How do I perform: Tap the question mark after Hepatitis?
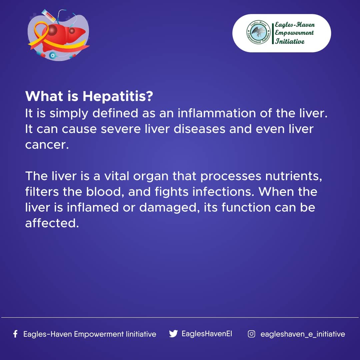coord(150,96)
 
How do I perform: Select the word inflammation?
coord(217,113)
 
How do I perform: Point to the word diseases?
coord(200,129)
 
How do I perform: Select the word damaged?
coord(168,208)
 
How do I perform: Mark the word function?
coord(246,207)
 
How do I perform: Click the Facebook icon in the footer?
coord(15,334)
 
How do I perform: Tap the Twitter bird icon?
coord(173,334)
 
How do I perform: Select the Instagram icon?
coord(251,334)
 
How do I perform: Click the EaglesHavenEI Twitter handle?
coord(207,334)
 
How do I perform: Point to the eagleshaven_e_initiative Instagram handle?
coord(303,334)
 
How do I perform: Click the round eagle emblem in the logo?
coord(259,32)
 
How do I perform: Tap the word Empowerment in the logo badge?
coord(294,33)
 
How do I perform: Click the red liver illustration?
coord(62,36)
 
